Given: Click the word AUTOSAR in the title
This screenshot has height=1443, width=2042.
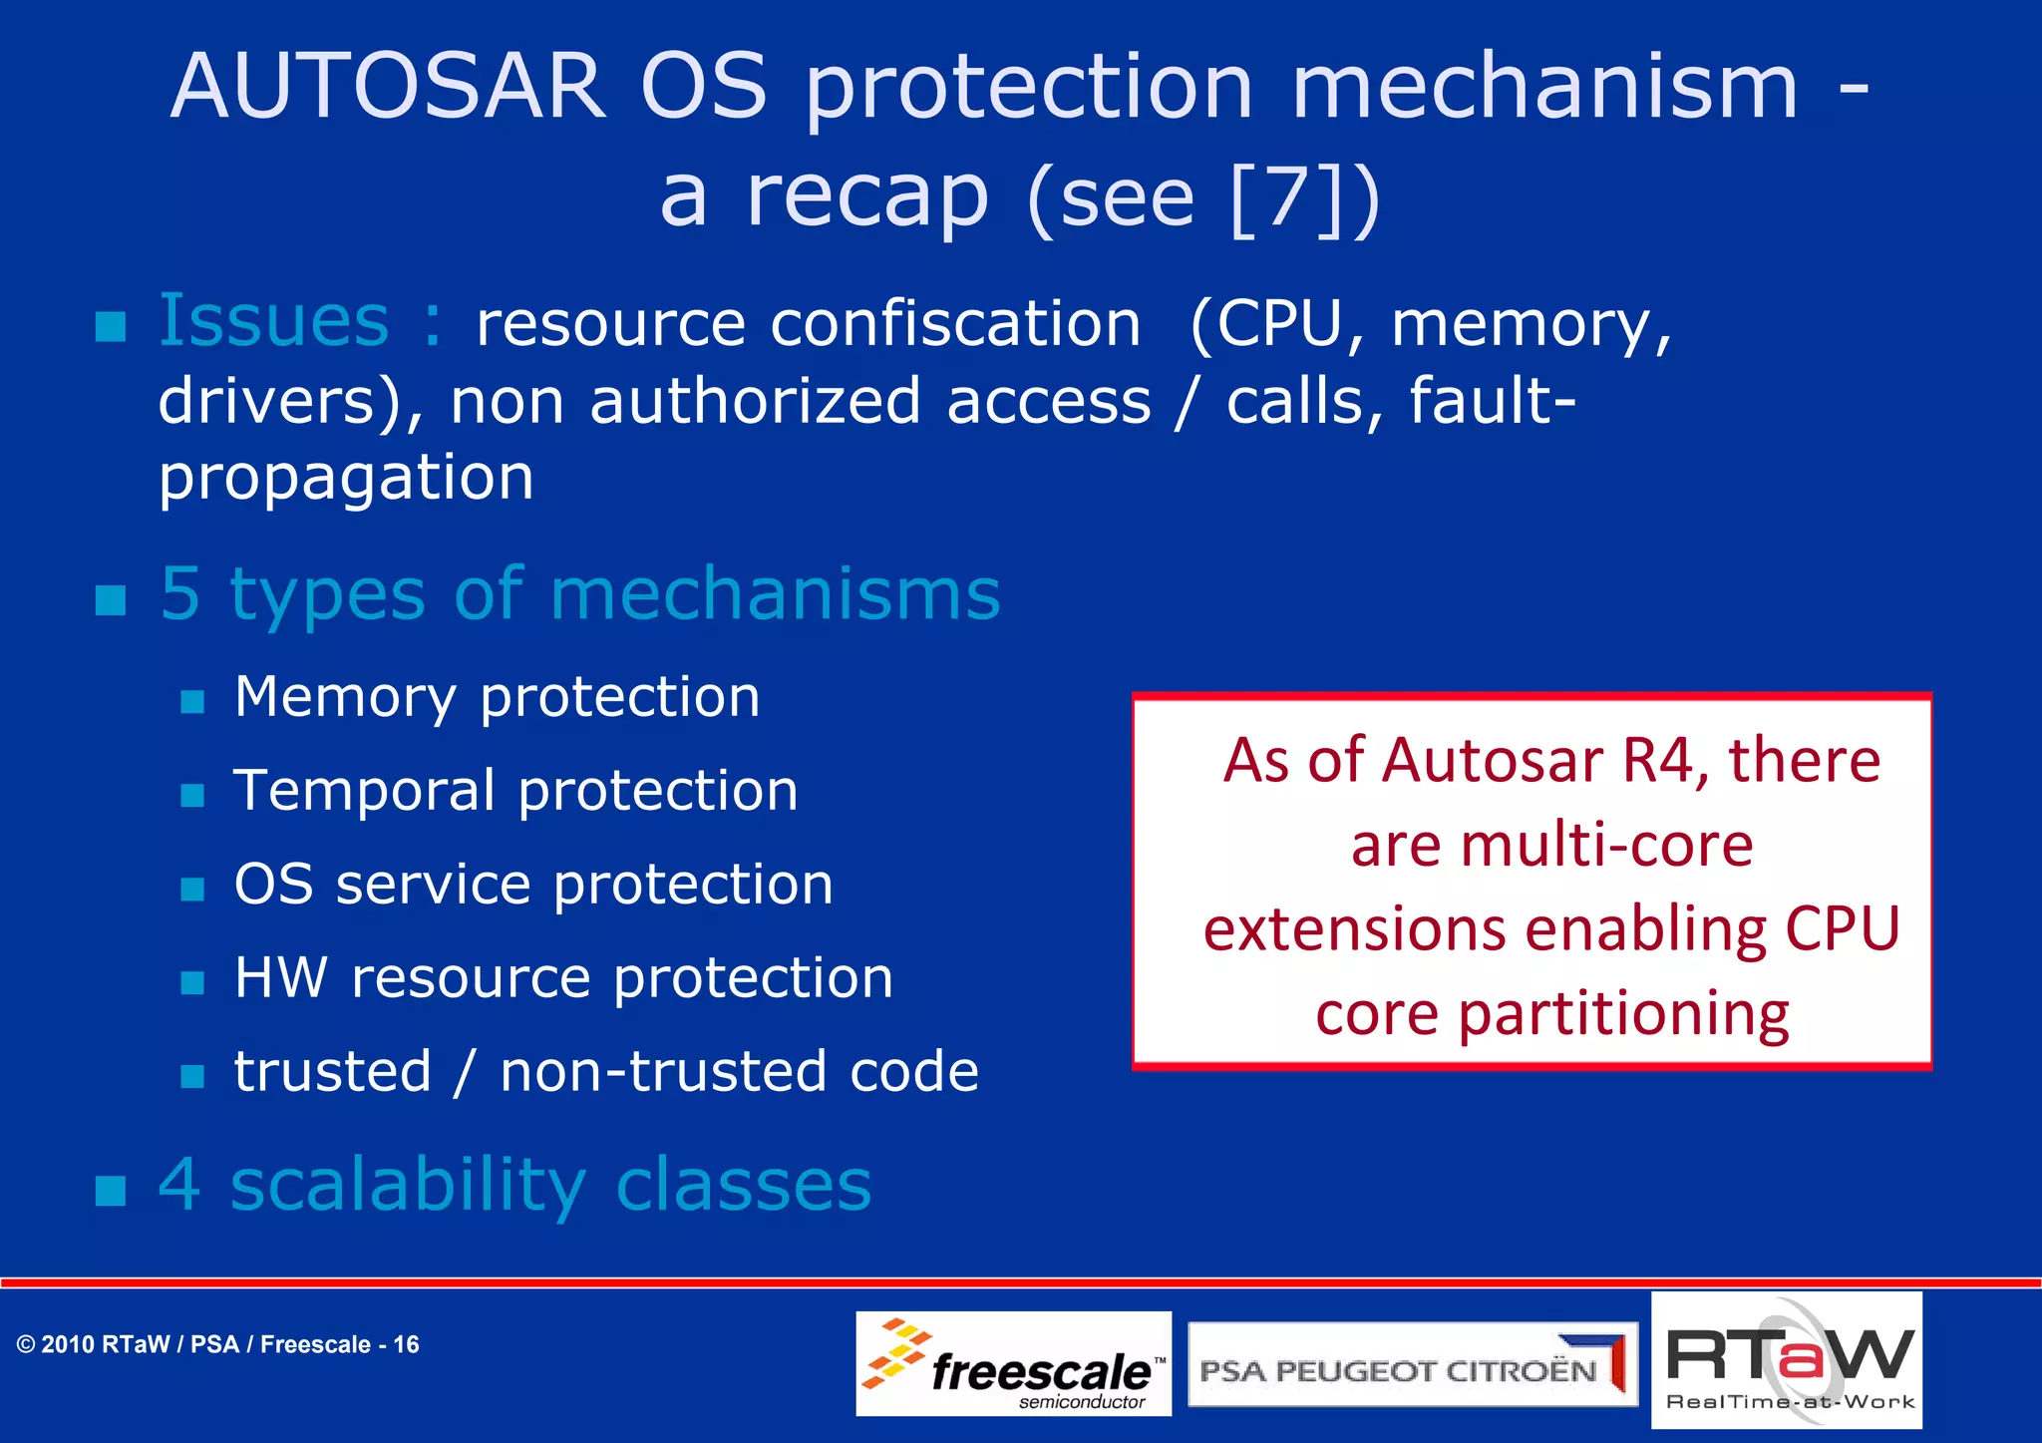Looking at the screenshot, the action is coord(389,88).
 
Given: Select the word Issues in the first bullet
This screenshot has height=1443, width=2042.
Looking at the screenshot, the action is coord(274,321).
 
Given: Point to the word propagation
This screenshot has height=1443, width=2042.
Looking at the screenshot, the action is coord(346,479).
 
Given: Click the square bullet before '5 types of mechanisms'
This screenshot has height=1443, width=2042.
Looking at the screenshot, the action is coord(111,599).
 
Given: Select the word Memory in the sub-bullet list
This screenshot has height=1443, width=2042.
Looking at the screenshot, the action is coord(344,697).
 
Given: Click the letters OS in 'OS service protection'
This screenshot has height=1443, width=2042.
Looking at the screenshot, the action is coord(273,885).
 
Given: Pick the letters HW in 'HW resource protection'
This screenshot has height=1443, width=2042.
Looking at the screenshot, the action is coord(280,978).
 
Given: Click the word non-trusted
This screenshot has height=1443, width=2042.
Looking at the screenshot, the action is coord(662,1072).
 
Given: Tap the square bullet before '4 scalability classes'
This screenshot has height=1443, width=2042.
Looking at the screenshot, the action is coord(111,1190).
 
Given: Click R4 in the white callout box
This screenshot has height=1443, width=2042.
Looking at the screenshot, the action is coord(1657,761).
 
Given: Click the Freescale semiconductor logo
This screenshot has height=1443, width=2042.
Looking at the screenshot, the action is coord(1013,1363).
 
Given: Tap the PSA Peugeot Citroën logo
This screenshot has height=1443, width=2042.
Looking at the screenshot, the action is coord(1412,1365).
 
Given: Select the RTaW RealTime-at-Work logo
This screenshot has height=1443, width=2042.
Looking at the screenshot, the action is coord(1787,1361).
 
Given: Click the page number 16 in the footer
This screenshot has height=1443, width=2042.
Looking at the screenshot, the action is coord(406,1345).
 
